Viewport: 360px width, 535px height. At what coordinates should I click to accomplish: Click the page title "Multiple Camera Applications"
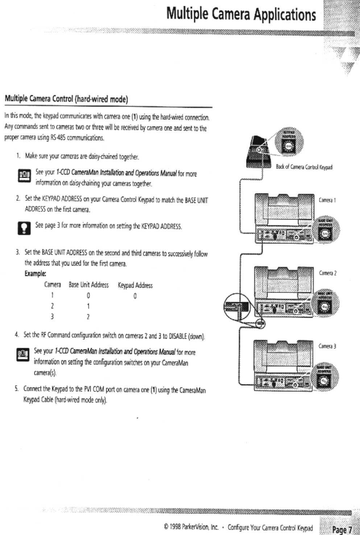point(241,14)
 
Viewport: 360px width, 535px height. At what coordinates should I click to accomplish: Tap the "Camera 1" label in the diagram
point(327,200)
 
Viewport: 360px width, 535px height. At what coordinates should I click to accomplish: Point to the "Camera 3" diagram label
point(327,346)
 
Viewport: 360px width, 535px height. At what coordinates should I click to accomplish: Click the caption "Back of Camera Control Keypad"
point(304,167)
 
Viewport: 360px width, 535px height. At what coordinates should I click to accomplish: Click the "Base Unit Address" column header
point(88,285)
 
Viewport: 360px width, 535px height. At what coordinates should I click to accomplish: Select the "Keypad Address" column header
point(135,285)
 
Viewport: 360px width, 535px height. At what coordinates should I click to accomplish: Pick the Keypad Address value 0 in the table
point(135,296)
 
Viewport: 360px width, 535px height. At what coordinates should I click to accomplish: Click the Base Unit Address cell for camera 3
point(88,317)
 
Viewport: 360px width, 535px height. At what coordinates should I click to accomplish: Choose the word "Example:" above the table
point(35,274)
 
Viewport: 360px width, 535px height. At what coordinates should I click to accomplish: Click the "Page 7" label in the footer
point(342,530)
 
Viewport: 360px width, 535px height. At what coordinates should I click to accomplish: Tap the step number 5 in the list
point(17,389)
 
